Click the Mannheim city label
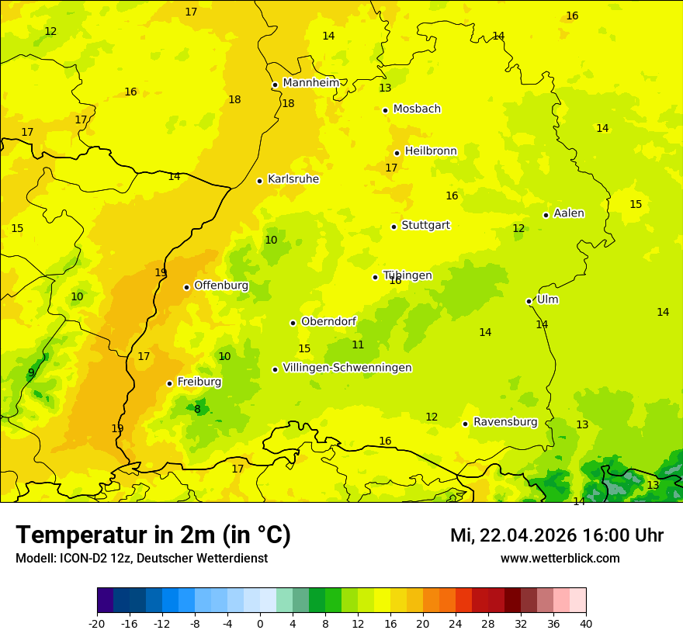click(x=310, y=83)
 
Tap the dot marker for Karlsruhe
click(x=260, y=181)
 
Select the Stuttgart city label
click(x=425, y=226)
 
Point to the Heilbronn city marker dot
click(x=397, y=153)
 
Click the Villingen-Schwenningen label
click(x=347, y=368)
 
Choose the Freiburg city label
click(x=199, y=382)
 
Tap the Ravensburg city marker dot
click(x=465, y=424)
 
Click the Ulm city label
click(x=547, y=299)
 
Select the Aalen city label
click(x=569, y=213)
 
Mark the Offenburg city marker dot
click(x=186, y=287)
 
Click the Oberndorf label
click(x=328, y=321)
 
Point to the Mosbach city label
click(x=417, y=109)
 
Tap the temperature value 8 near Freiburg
click(x=197, y=409)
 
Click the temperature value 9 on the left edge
click(x=31, y=372)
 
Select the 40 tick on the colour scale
click(x=585, y=623)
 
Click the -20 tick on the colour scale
click(x=97, y=623)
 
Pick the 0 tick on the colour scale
click(x=260, y=623)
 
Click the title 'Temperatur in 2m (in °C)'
click(x=153, y=535)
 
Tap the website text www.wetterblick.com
click(x=560, y=559)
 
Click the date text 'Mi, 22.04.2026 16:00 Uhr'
click(x=556, y=535)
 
